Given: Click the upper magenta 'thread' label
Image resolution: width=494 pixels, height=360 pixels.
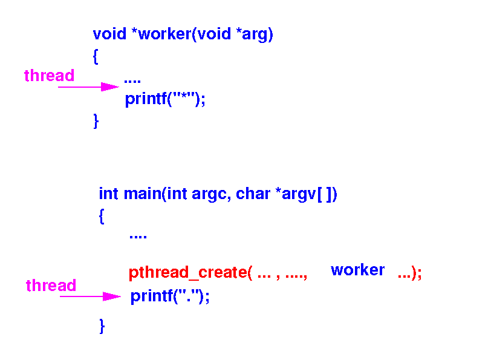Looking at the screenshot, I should pos(49,76).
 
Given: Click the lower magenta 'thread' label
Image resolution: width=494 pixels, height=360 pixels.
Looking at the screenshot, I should pos(51,286).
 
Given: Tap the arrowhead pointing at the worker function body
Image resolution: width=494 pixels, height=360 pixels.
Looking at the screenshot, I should pos(110,87).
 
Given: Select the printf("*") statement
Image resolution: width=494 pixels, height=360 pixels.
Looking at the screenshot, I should pos(165,99).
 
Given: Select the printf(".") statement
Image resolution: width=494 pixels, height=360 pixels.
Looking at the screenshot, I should pos(170,296).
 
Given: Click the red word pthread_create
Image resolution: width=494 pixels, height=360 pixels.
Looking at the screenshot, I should pos(186,273).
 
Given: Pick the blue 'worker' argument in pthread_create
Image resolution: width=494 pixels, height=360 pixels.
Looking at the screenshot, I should pos(357,270).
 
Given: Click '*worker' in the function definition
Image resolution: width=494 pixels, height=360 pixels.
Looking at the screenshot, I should pos(160,34).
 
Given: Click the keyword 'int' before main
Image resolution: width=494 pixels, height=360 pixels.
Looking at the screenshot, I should pos(108,194).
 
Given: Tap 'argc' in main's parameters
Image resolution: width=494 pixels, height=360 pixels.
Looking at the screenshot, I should pos(208,194).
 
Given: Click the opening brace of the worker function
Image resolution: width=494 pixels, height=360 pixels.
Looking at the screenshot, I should pos(96,57).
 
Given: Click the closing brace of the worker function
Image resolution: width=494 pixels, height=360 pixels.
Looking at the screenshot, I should pos(96,121).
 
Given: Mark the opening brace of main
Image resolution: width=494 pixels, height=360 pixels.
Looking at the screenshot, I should pos(102,216).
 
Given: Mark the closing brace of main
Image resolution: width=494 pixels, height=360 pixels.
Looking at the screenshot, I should pos(102,327).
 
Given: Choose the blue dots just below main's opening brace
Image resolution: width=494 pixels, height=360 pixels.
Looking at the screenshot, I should pos(138,237).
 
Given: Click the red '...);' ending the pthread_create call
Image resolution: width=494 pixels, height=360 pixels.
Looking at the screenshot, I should pos(409,274).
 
